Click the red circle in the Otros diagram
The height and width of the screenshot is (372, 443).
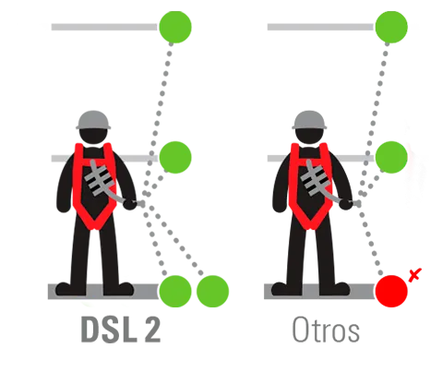tap(391, 291)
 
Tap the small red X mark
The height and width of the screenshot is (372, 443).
tap(415, 274)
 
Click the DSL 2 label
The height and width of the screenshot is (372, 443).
tap(121, 330)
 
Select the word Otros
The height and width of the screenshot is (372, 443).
tap(326, 330)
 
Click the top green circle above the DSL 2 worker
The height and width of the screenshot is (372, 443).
tap(175, 27)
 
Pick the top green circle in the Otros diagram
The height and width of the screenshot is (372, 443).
tap(391, 27)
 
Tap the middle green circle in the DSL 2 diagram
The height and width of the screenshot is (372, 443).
tap(175, 157)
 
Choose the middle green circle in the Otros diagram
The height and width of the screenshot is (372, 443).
tap(391, 157)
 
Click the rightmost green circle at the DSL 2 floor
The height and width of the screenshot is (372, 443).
tap(212, 291)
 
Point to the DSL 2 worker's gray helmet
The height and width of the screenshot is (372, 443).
tap(93, 120)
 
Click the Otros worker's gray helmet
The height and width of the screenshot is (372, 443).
tap(309, 120)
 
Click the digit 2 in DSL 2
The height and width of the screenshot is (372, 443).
tap(151, 330)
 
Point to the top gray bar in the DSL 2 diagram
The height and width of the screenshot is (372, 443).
tap(104, 27)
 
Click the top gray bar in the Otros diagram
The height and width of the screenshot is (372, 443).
tap(320, 27)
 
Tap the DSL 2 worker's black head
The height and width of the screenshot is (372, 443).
tap(93, 137)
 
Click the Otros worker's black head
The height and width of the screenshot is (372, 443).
tap(309, 137)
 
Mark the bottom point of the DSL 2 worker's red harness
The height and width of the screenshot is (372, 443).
tap(94, 230)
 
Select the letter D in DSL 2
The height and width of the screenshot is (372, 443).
tap(90, 330)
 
